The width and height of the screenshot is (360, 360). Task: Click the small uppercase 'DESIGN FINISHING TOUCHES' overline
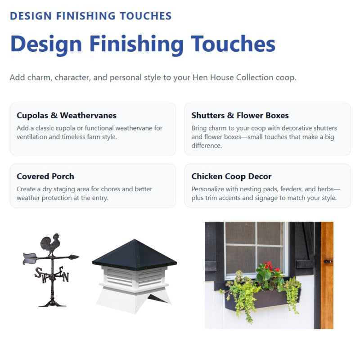[x=90, y=16]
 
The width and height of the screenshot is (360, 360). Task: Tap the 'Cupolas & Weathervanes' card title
[x=67, y=116]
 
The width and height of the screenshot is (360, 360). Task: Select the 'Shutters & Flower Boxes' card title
[x=240, y=116]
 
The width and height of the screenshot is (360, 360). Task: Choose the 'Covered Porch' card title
[x=45, y=176]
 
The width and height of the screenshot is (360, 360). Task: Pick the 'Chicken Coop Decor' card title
[x=231, y=176]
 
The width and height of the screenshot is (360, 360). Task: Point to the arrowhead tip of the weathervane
[x=76, y=257]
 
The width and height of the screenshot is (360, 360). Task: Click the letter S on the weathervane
[x=39, y=273]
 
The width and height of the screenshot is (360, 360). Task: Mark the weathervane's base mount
[x=52, y=303]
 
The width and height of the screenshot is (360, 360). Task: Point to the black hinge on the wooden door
[x=328, y=261]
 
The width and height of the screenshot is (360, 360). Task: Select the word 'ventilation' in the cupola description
[x=33, y=137]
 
